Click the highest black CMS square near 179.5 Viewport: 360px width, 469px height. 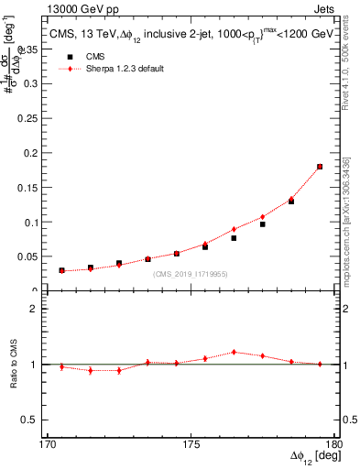[x=320, y=167]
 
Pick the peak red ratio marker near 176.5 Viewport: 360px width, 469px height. [x=234, y=352]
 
